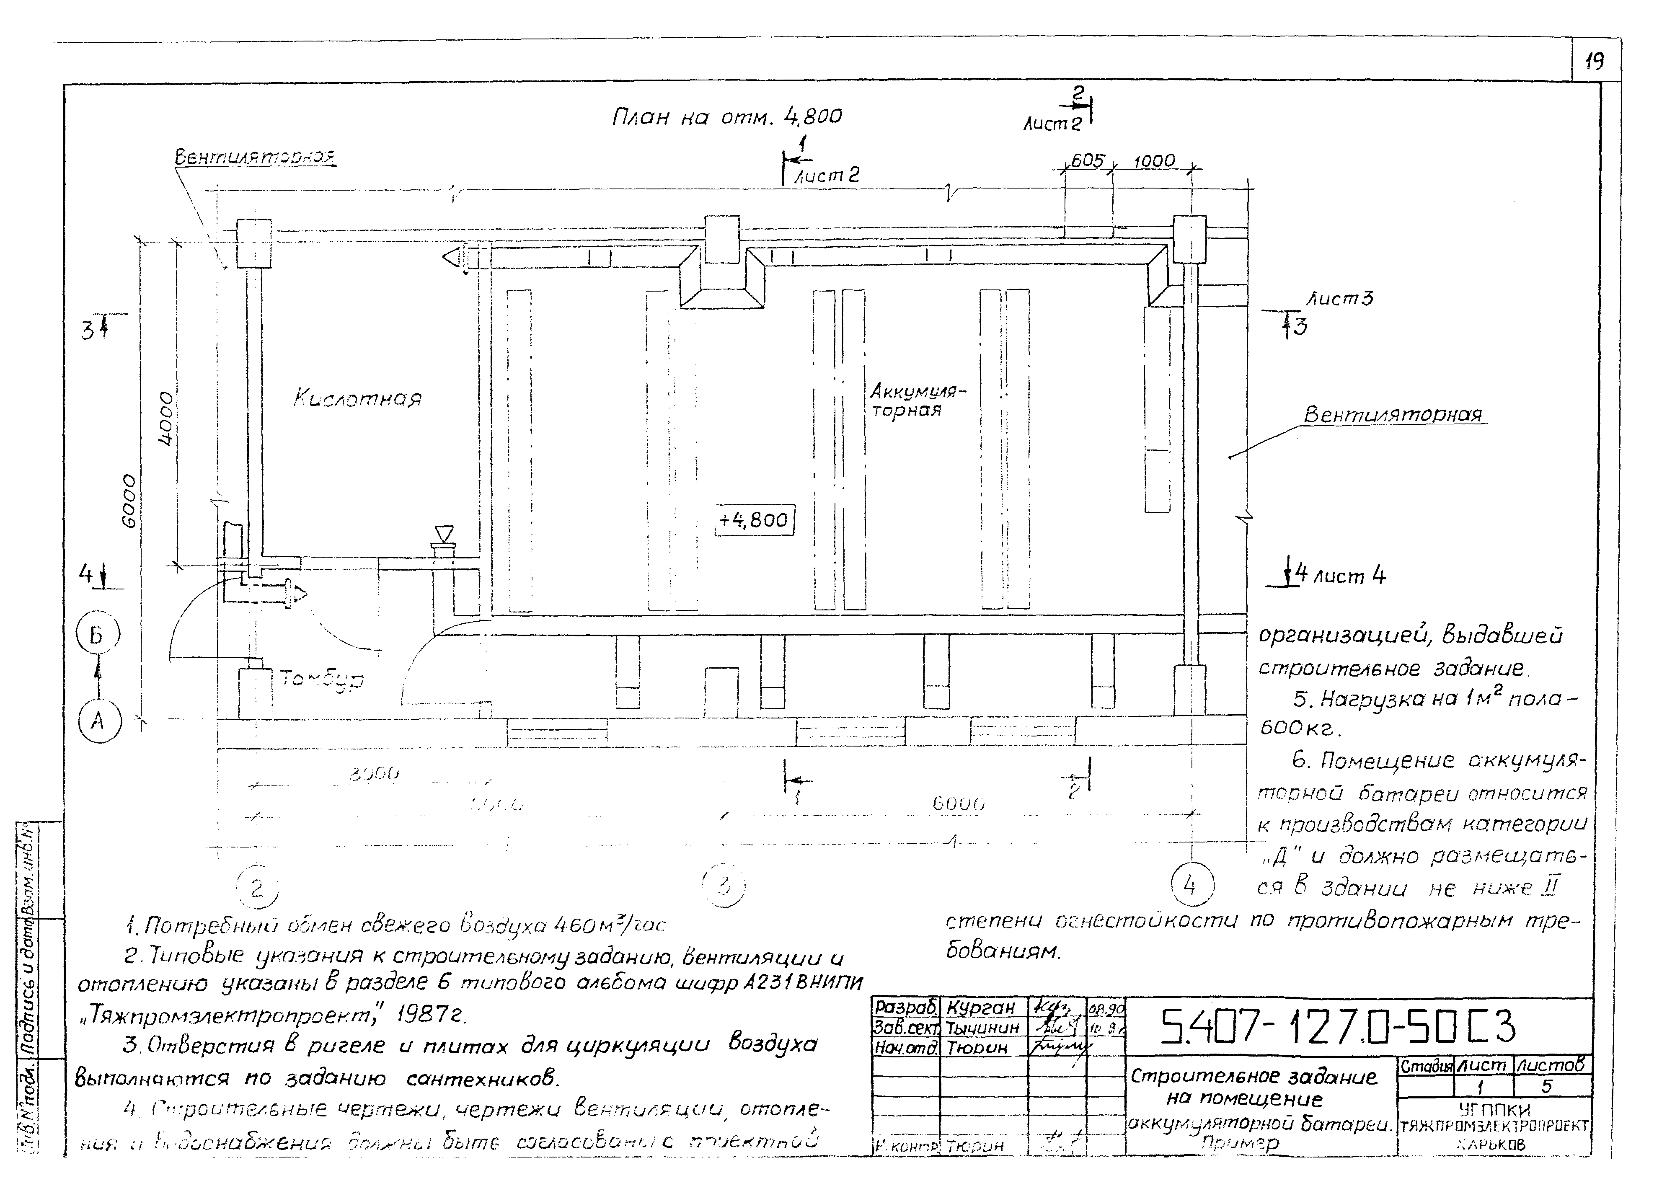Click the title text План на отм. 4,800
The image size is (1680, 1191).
(726, 116)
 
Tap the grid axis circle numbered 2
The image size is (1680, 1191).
(257, 888)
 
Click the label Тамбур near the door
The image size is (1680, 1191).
(323, 681)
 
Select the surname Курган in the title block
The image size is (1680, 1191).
(980, 1007)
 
